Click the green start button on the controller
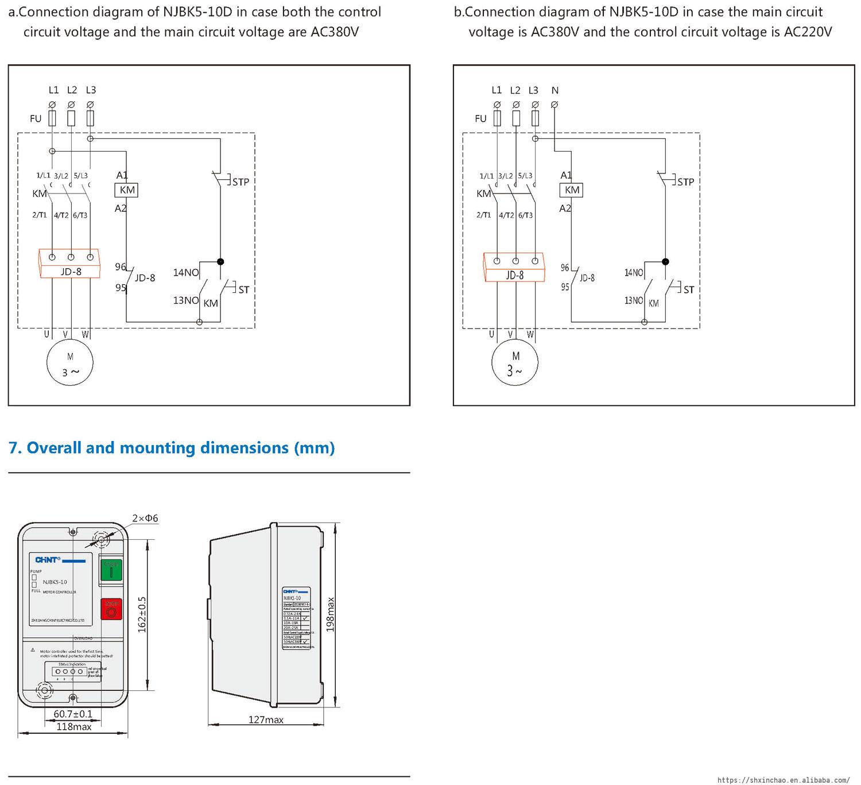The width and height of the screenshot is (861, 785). [111, 570]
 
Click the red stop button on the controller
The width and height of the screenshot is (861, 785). [111, 609]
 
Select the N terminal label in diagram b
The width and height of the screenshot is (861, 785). [554, 90]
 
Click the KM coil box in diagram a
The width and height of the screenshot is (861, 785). [127, 190]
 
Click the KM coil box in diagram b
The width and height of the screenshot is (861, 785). [572, 190]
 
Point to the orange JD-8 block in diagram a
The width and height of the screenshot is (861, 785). [69, 264]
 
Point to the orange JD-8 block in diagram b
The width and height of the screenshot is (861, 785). [514, 268]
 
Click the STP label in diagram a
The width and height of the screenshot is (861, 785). [241, 182]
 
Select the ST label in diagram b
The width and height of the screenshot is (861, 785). [689, 290]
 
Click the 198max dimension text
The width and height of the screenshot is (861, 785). [330, 614]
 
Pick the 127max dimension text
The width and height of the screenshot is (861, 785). [266, 720]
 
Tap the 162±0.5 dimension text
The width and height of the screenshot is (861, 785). [142, 614]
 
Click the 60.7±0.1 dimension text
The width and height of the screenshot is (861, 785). [73, 714]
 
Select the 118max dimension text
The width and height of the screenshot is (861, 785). [73, 727]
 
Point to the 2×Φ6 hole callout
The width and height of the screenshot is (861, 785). [145, 519]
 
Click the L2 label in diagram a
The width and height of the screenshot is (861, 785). [72, 90]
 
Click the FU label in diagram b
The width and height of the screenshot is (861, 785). [480, 119]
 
